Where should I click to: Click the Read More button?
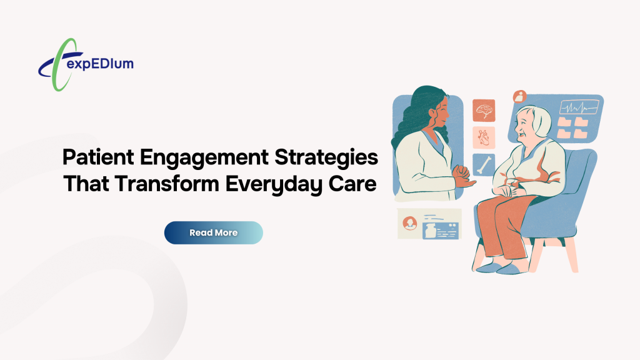(213, 232)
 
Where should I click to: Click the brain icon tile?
(484, 111)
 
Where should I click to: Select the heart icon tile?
(484, 137)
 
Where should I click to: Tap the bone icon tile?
(484, 164)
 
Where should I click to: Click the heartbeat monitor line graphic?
(578, 107)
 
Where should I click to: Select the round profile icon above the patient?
(519, 96)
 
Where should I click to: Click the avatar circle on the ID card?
(411, 223)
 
